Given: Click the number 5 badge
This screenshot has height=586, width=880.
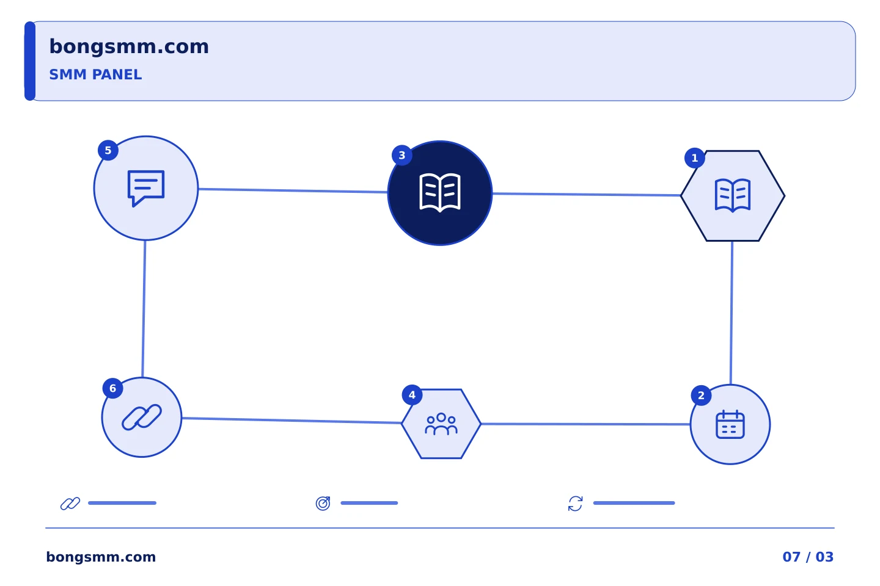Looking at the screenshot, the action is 108,150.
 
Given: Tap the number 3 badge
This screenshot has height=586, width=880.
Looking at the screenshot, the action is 402,156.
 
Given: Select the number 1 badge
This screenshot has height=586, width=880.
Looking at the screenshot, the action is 695,158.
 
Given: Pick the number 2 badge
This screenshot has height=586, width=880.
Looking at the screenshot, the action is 702,396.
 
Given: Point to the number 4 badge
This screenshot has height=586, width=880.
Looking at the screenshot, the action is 412,395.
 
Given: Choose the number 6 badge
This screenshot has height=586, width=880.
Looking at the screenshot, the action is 112,389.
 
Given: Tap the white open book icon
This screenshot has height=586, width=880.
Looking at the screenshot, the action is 440,193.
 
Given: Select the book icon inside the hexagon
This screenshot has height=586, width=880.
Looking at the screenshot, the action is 733,195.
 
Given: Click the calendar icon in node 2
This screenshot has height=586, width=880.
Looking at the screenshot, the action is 730,424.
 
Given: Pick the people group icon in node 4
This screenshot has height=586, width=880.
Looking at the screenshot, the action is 441,424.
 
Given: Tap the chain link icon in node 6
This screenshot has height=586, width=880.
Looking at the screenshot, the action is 142,418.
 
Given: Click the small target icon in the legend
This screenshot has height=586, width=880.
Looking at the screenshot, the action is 323,503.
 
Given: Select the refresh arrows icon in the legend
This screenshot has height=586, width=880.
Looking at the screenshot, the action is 576,504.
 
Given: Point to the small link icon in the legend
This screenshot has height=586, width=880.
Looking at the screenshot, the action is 70,504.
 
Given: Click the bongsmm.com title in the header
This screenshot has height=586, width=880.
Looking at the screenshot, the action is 129,47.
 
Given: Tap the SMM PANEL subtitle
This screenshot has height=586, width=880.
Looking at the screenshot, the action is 95,74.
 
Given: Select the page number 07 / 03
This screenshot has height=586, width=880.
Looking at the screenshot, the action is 808,557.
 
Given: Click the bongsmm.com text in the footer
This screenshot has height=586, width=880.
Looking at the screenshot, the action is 101,557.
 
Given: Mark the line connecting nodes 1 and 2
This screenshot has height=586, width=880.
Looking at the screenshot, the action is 732,313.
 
